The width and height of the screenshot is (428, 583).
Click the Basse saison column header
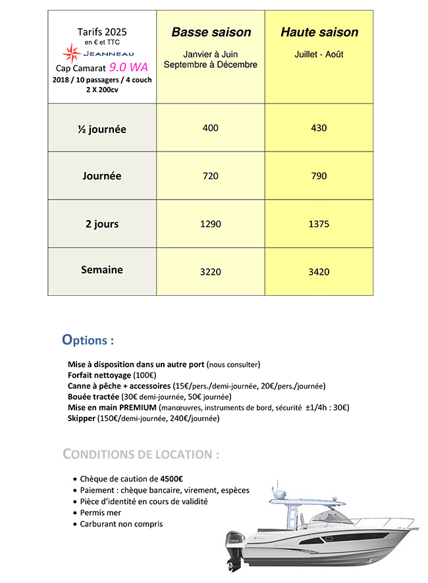211,32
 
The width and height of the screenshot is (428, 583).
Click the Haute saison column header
319,32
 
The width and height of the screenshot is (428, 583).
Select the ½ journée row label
101,129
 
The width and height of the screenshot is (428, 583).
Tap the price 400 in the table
211,128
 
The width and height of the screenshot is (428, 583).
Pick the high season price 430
319,128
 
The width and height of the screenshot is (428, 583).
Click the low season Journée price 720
211,176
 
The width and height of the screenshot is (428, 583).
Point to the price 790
319,176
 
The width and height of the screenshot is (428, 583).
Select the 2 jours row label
102,224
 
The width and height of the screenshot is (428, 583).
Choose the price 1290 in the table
211,224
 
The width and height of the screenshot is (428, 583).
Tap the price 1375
319,224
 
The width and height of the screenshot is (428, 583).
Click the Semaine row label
102,269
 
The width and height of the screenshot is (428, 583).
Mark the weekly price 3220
211,271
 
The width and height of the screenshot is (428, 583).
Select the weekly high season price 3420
319,271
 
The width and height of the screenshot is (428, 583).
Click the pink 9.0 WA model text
128,67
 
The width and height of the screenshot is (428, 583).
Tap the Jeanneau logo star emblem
70,52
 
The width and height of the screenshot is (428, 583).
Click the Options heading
88,341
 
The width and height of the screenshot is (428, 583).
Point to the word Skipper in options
82,418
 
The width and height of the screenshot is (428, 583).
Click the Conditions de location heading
141,455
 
